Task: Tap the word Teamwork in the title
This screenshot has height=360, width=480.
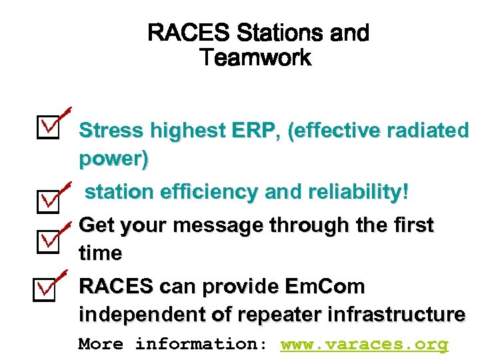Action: [255, 58]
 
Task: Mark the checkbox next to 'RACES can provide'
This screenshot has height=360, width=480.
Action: [48, 288]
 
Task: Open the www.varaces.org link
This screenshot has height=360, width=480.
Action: [365, 344]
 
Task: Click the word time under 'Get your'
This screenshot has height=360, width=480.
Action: [100, 253]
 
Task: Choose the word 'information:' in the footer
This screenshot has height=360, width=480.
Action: [201, 344]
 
